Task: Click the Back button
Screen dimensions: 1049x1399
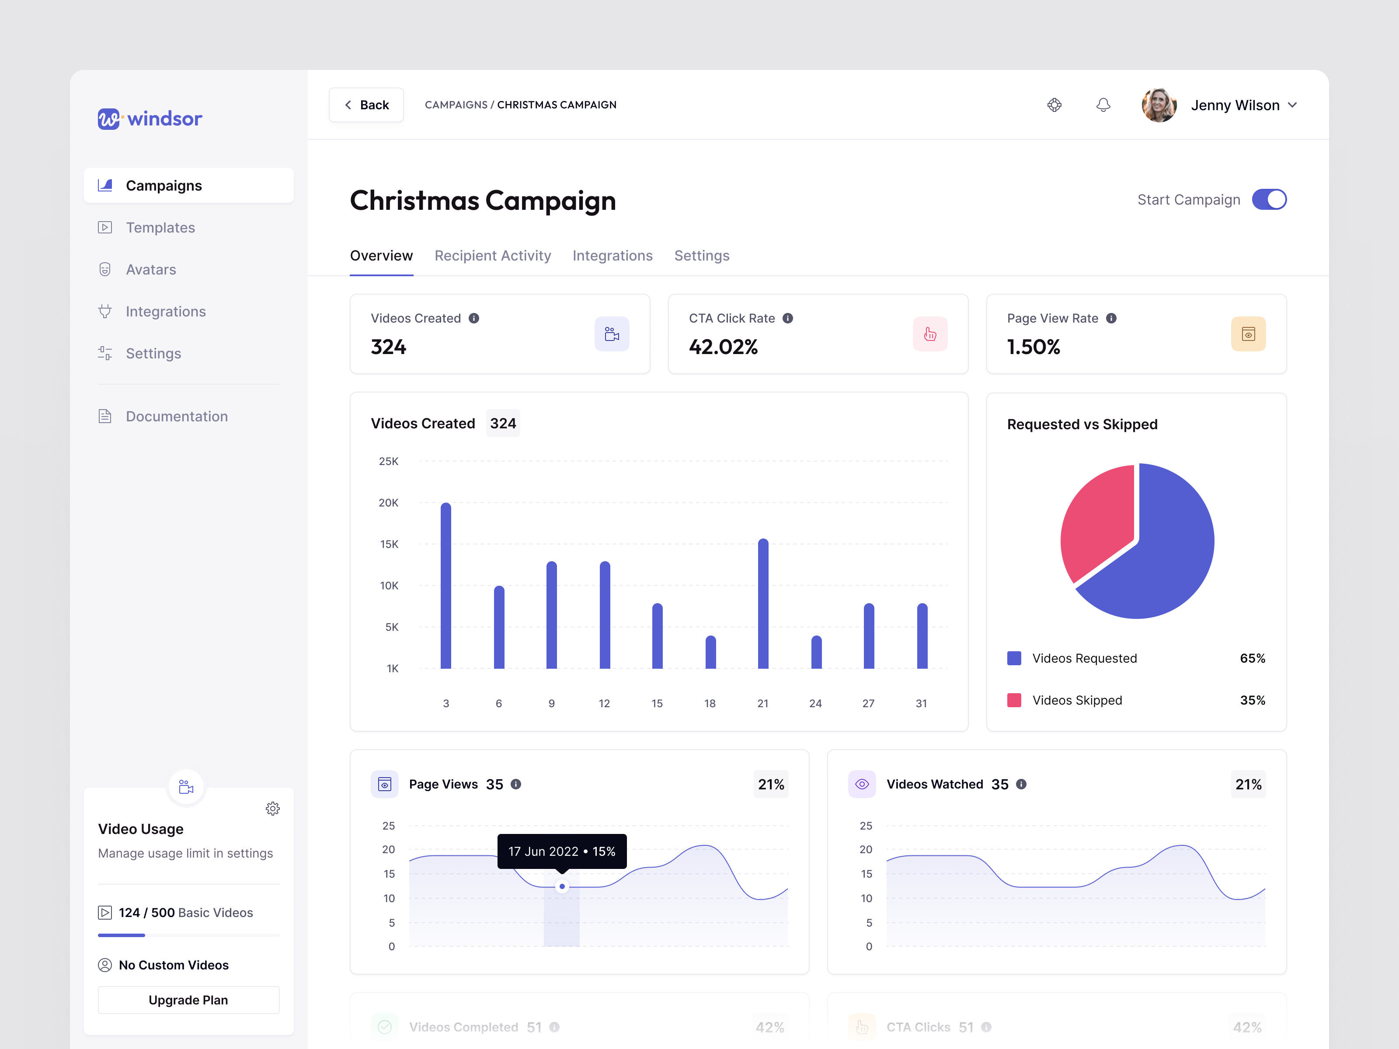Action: point(366,105)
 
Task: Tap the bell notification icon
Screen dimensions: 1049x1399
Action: point(1103,105)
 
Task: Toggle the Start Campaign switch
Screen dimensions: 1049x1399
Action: point(1269,200)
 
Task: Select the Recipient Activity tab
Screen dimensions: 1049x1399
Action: point(493,255)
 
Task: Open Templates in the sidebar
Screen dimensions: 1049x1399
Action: point(160,228)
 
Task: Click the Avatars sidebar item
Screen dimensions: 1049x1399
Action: point(150,269)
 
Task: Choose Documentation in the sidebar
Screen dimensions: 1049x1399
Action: point(177,416)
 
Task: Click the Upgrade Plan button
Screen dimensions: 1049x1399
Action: point(188,1000)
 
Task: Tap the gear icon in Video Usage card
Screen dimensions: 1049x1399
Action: point(273,809)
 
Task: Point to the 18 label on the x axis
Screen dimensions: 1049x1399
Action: point(710,703)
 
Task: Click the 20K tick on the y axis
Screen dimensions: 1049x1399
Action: point(388,503)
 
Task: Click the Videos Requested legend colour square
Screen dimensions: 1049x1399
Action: point(1014,658)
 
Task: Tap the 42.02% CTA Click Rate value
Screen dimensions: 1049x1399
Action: point(723,347)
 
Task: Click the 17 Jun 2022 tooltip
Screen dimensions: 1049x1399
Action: point(562,851)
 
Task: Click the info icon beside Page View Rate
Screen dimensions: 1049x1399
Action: point(1111,318)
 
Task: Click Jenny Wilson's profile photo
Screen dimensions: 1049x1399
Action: point(1159,105)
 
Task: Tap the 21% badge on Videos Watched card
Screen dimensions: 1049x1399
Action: point(1248,784)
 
